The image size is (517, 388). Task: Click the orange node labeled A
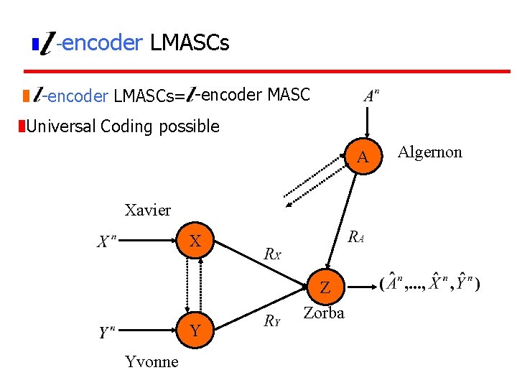click(363, 156)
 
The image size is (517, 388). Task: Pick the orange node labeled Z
click(325, 287)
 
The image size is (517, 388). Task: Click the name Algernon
click(430, 152)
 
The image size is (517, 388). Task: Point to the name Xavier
click(148, 210)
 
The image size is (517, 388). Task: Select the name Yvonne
click(151, 361)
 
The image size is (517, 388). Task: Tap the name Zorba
click(324, 313)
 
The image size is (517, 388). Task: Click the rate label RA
click(355, 238)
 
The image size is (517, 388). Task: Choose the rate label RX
click(273, 253)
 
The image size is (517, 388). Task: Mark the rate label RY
click(271, 321)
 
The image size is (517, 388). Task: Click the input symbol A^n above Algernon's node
click(371, 96)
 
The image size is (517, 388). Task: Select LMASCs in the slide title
click(190, 43)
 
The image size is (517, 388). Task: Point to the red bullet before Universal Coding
click(22, 127)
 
